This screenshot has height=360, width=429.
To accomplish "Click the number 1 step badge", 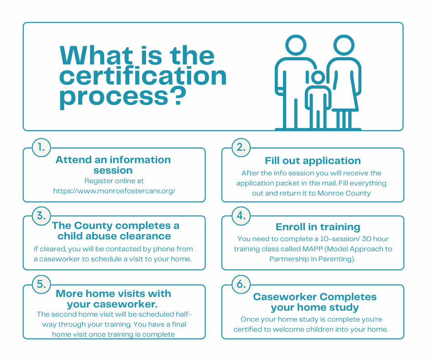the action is point(42,148).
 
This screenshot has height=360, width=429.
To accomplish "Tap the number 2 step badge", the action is point(241,148).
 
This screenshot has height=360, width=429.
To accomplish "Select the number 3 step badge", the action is point(42,216).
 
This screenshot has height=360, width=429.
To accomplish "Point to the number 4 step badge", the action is point(241,216).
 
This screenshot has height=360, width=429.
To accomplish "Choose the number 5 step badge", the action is point(42,284).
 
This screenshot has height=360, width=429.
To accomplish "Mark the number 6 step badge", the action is point(241,284).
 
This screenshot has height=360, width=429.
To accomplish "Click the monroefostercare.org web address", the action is point(114,191).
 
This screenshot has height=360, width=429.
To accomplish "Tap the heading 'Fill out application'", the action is point(313,160).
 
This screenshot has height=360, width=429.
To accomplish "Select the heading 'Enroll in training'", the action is point(318,227).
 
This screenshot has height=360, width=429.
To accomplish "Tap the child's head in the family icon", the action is point(318,77).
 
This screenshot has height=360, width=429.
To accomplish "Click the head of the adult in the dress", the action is point(344,45).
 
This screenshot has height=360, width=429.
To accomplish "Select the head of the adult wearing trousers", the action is point(296,45).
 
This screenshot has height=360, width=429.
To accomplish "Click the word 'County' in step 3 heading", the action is point(93,226).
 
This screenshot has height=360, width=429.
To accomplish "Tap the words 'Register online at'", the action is point(114,181).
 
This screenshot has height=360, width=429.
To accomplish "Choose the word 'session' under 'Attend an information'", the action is point(113,170).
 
